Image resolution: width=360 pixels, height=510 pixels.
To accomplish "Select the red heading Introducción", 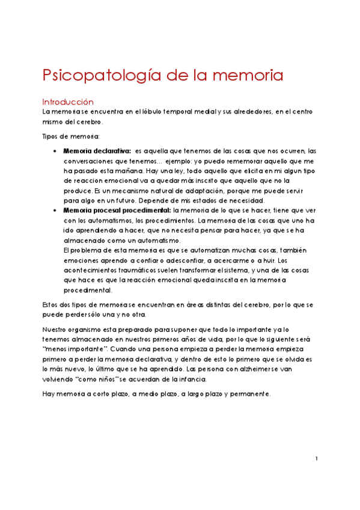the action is coord(68,102).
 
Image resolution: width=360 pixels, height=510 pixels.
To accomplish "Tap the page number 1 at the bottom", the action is coord(316,459).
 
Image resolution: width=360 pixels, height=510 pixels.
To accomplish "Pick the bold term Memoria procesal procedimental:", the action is coord(117,210).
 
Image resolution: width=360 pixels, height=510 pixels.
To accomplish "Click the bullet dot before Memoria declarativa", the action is coord(55,150).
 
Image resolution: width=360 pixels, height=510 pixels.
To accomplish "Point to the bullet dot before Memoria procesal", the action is coord(55,210).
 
